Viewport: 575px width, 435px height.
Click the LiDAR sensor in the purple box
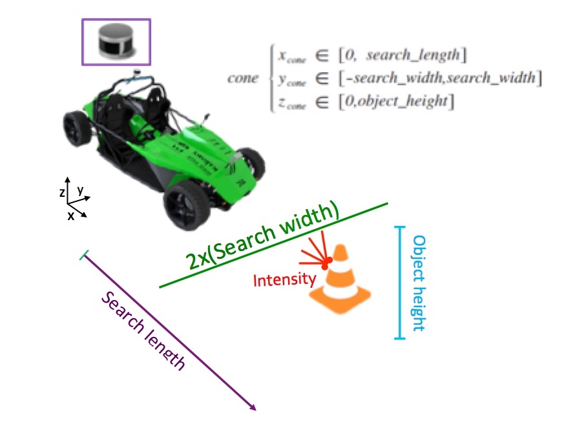coord(116,41)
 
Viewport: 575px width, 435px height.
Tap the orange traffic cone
coord(340,281)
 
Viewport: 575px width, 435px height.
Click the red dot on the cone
coord(328,260)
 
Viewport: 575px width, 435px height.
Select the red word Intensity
coord(285,280)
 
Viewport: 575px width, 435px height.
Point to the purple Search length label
coord(144,330)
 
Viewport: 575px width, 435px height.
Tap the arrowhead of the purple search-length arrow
coord(253,407)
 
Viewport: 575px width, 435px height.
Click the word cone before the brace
coord(242,78)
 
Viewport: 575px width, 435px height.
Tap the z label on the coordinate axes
coord(61,192)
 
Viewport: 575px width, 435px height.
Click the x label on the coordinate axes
coord(70,217)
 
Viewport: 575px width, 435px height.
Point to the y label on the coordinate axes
coord(80,190)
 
